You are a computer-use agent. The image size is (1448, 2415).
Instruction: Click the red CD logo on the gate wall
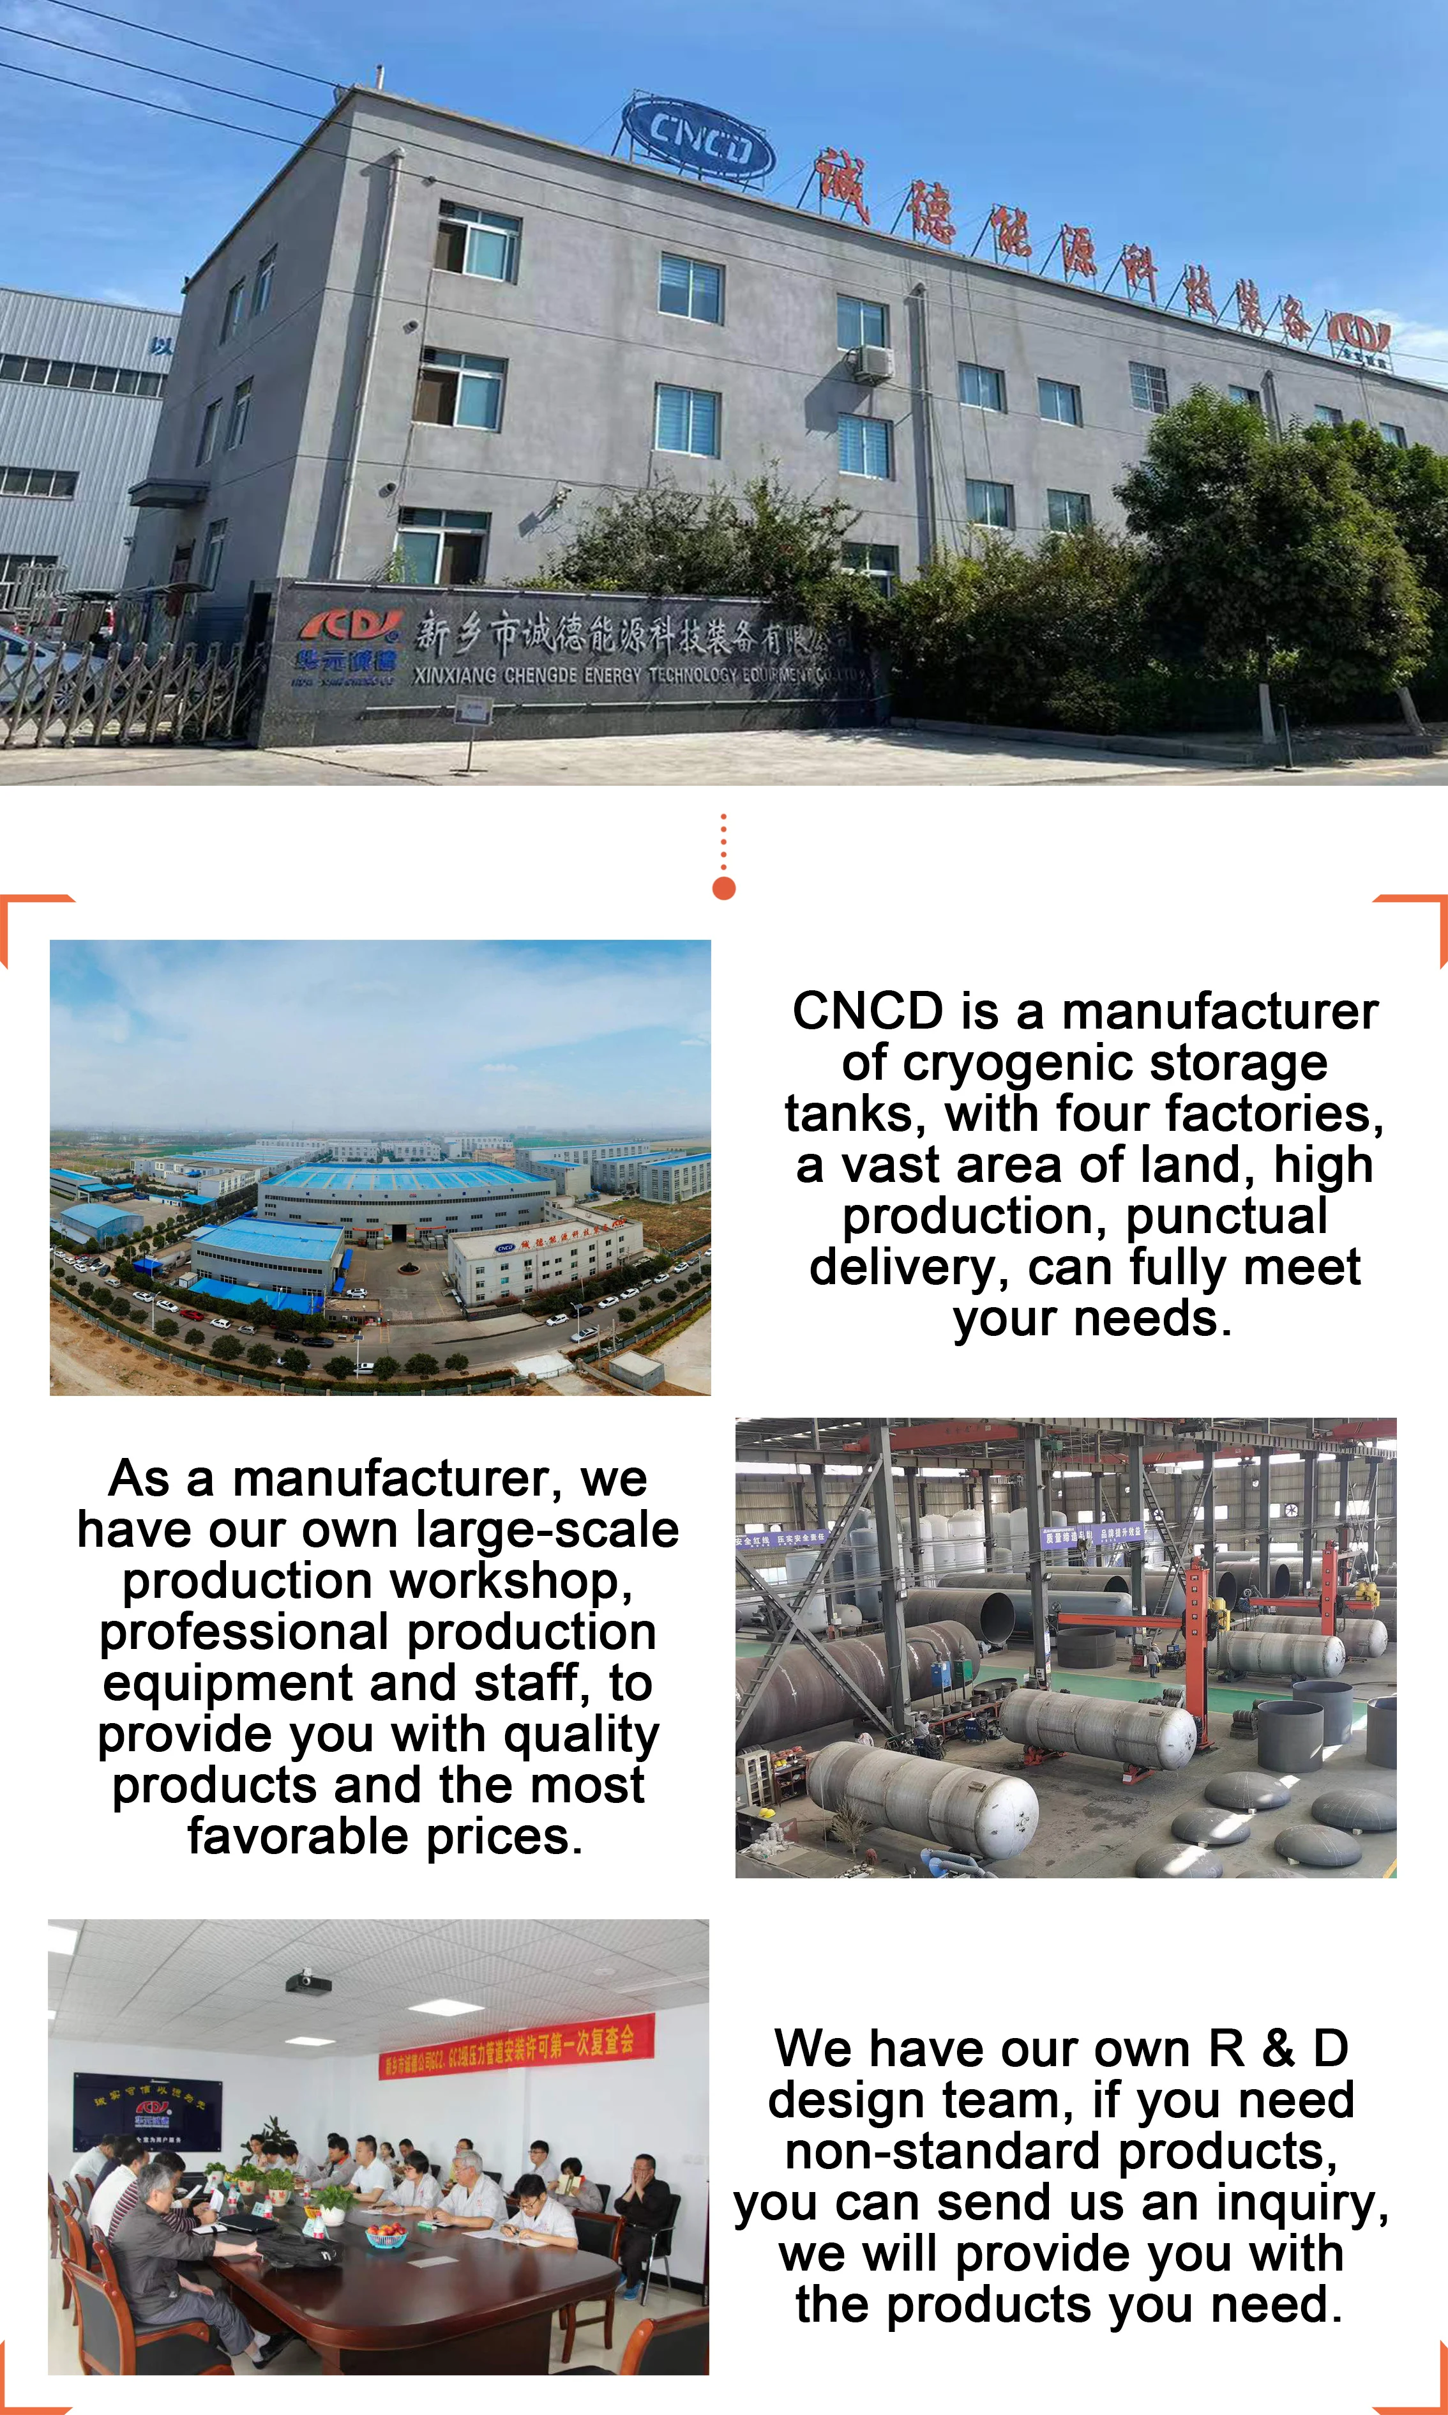351,625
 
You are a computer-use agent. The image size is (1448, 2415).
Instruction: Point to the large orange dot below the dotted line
724,887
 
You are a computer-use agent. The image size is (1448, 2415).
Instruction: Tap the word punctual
1226,1216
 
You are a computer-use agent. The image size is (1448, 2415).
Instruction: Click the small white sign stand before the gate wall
471,710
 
